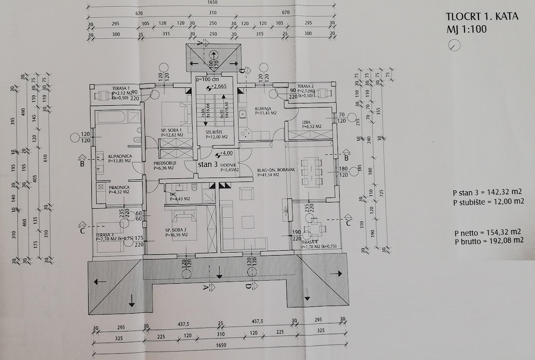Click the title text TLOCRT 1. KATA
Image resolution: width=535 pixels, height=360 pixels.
coord(481,17)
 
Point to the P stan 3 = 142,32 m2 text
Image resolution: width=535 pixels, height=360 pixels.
coord(487,193)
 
